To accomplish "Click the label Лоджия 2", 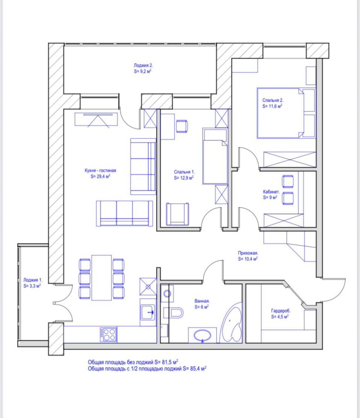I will pos(143,65).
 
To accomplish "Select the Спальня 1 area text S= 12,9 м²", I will pos(183,178).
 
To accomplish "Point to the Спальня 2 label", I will pos(273,100).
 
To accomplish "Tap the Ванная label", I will pos(202,301).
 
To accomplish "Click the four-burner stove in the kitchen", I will pos(108,335).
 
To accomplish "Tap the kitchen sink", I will pos(148,313).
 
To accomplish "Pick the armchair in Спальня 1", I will pos(178,213).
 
